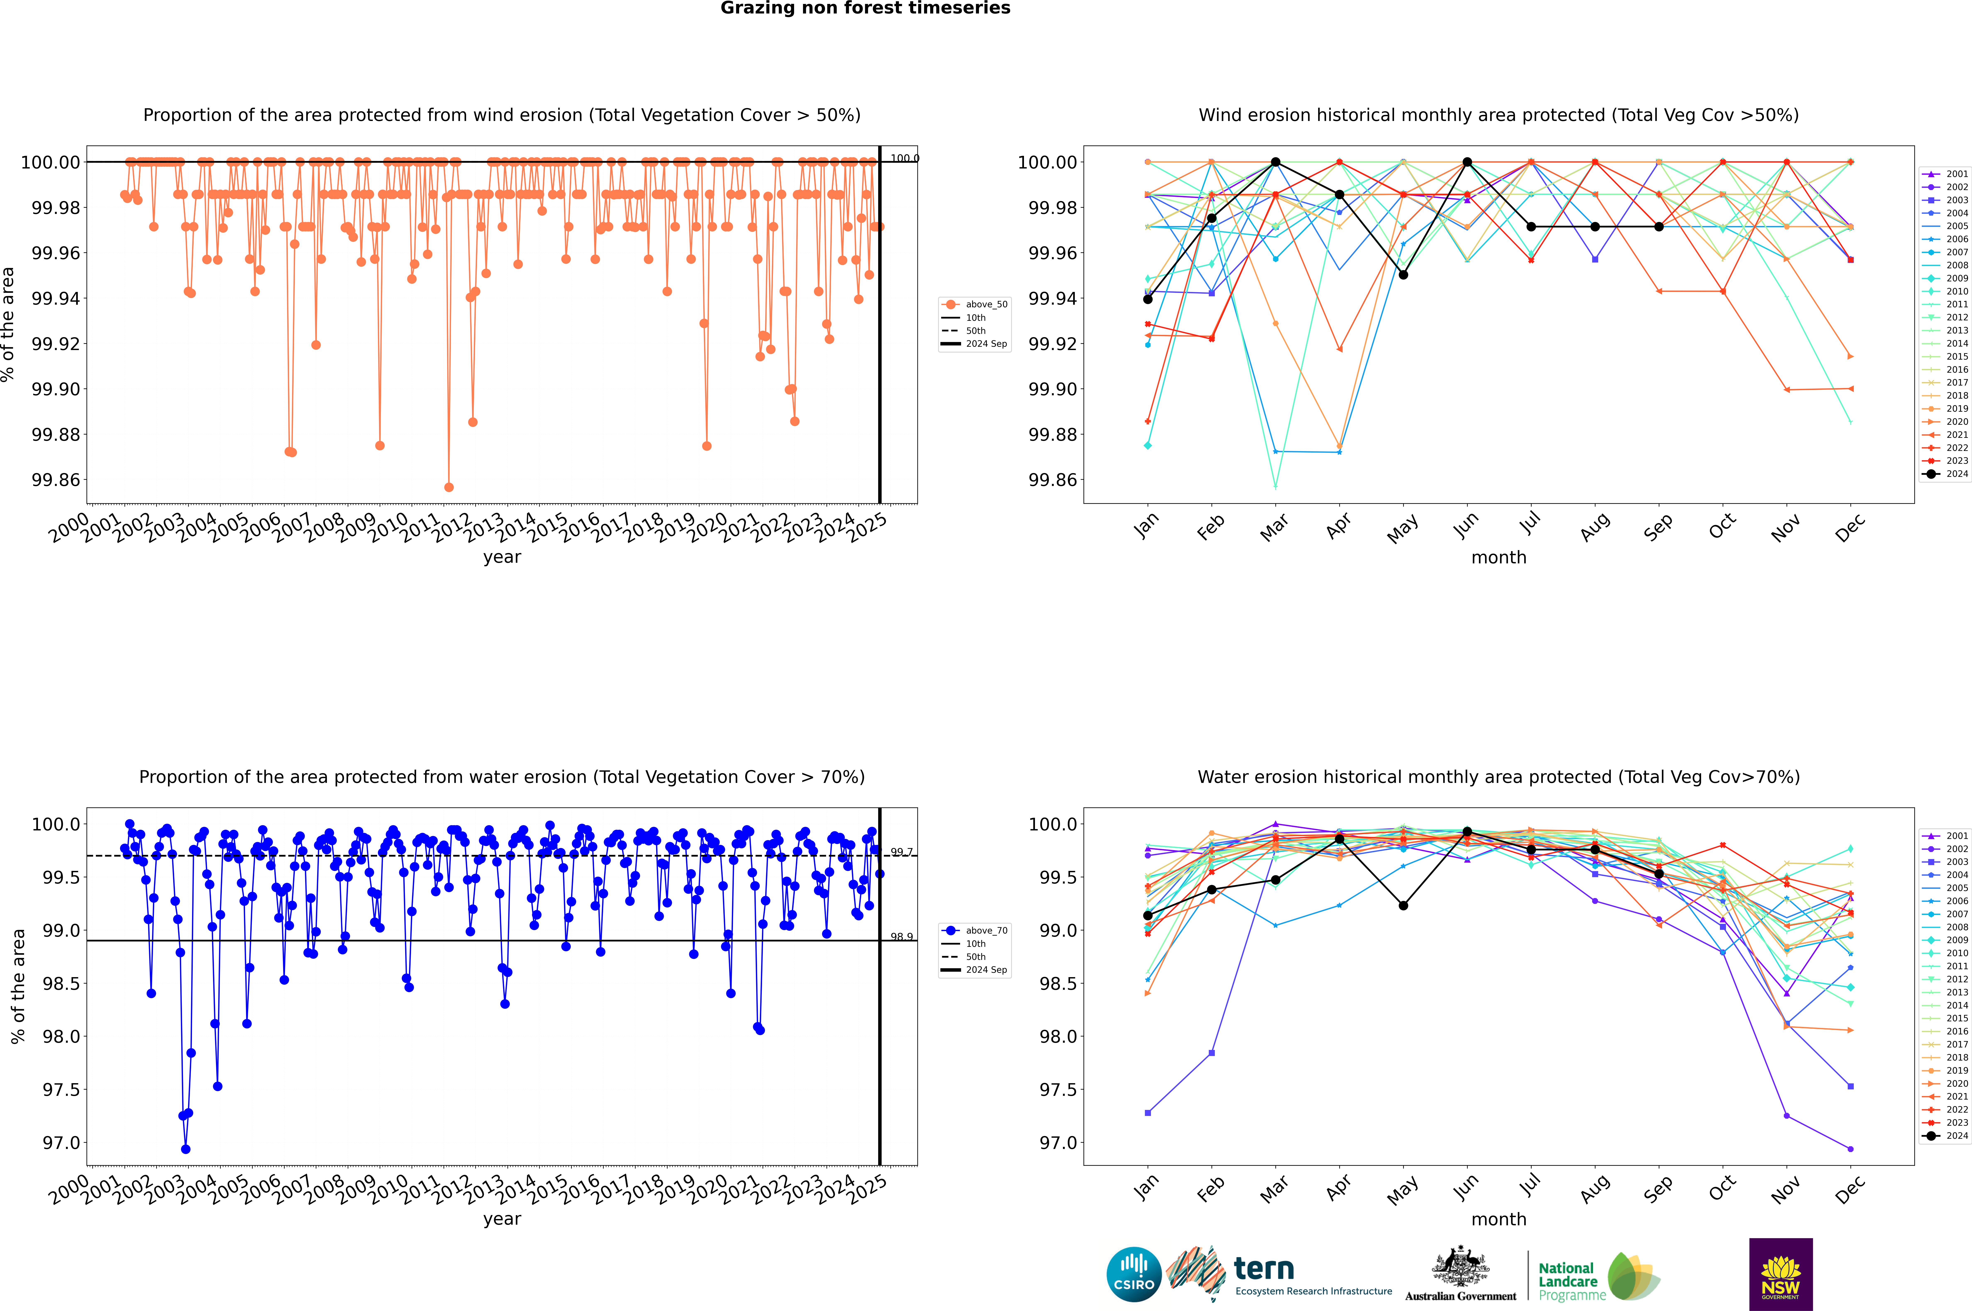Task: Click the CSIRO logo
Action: [x=1133, y=1274]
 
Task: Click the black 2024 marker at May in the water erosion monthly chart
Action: [x=1404, y=906]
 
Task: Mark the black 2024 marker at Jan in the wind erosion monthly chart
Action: [x=1148, y=299]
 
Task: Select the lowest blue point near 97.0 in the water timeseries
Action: [x=186, y=1150]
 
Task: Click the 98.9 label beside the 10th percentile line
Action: [x=901, y=937]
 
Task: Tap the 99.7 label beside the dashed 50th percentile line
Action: [x=901, y=852]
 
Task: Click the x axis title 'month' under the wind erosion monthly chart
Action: [x=1498, y=558]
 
